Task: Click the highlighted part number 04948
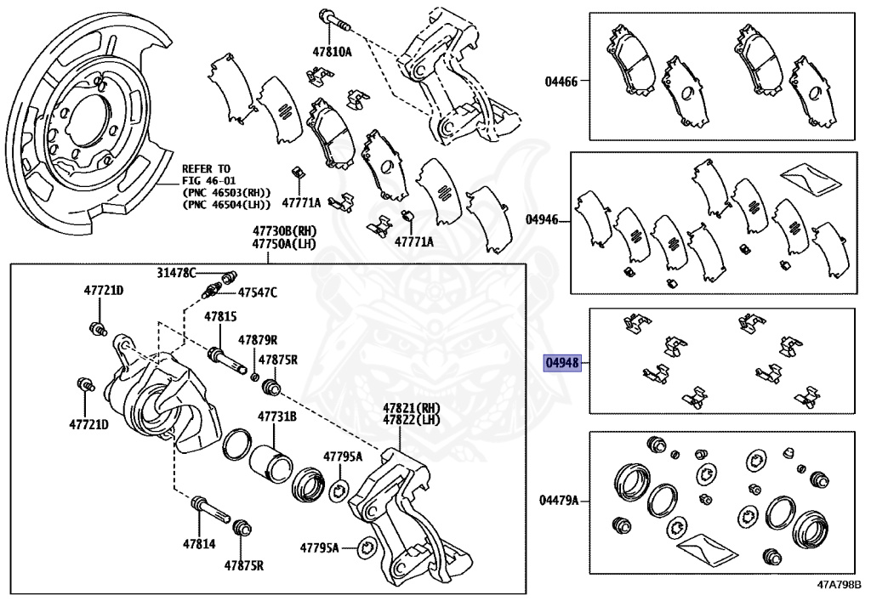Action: pyautogui.click(x=562, y=363)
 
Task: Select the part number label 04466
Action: pyautogui.click(x=561, y=82)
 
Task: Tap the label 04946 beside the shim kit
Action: pyautogui.click(x=542, y=219)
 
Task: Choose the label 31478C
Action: pyautogui.click(x=176, y=272)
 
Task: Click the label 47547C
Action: pyautogui.click(x=257, y=293)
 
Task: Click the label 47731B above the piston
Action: pyautogui.click(x=277, y=417)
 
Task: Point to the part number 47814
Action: pyautogui.click(x=197, y=542)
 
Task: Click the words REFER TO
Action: pyautogui.click(x=206, y=169)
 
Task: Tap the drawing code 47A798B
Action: pyautogui.click(x=840, y=586)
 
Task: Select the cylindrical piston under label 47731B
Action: pyautogui.click(x=270, y=462)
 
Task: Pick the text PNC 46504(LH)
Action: pyautogui.click(x=226, y=205)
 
